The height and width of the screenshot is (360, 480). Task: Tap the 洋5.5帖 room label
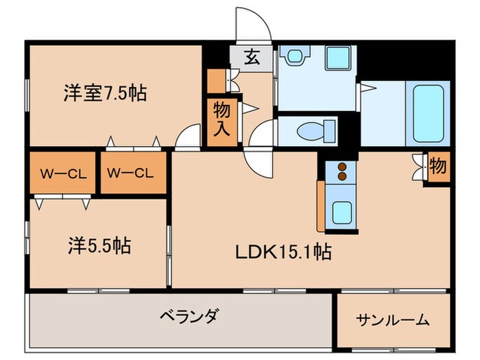click(100, 245)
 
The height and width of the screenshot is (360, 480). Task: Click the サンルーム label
click(393, 319)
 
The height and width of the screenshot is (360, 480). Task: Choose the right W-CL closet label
click(134, 173)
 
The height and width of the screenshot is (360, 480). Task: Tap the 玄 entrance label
click(252, 57)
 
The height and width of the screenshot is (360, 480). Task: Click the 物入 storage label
click(221, 119)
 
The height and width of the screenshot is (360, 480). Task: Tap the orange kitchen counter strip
click(321, 206)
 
